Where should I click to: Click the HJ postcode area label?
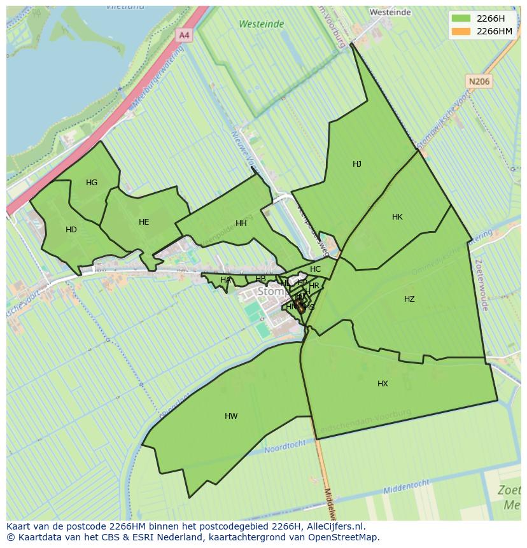tap(357, 164)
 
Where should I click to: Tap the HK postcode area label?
tap(397, 217)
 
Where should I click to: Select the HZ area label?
tap(409, 299)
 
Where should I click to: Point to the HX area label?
tap(383, 384)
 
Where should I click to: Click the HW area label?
tap(231, 416)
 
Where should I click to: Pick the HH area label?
tap(241, 223)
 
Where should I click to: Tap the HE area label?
tap(144, 222)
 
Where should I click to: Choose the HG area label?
tap(92, 183)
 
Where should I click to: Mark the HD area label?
tap(71, 230)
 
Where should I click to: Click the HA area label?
tap(226, 280)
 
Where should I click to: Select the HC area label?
tap(316, 269)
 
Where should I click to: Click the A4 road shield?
tap(184, 36)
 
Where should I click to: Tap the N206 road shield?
tap(479, 81)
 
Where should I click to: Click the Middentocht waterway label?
tap(408, 488)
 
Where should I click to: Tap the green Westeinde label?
tap(262, 24)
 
